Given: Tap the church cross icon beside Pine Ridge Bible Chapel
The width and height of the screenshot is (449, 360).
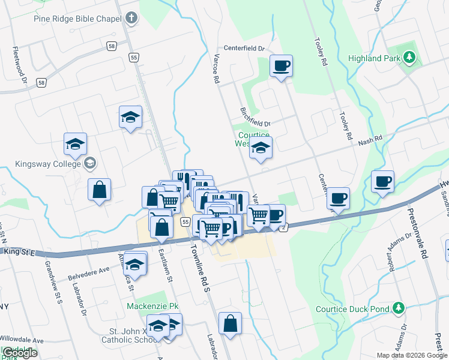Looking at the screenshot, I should point(130,19).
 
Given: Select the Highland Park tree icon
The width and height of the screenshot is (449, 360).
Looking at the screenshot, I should point(410,58).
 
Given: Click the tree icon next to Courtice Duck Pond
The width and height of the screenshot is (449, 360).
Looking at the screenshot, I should point(397,308).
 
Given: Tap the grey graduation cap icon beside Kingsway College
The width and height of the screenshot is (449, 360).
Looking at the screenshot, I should point(90,163).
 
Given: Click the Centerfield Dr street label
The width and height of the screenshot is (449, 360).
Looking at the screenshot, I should point(244,48).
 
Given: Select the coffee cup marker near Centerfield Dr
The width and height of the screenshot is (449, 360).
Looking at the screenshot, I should point(280,67).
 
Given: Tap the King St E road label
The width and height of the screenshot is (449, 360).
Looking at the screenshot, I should point(20,251).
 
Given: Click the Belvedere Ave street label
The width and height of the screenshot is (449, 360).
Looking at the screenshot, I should point(88,271).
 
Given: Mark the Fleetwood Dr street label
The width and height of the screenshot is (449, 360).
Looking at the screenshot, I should point(16,67).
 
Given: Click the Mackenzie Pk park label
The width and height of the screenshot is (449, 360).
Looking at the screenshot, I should point(153,306).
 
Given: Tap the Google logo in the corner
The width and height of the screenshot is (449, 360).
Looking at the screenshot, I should point(19,353).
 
